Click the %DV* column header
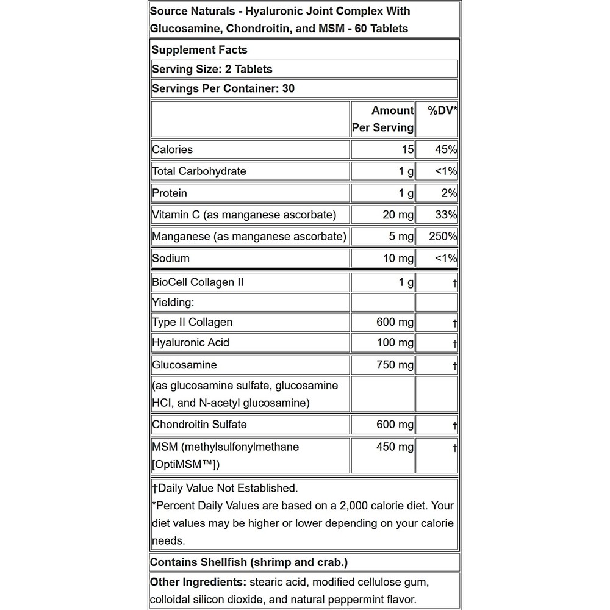click(442, 110)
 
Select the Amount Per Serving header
click(383, 119)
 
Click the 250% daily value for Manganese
click(443, 236)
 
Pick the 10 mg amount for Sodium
click(398, 258)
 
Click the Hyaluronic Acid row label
click(190, 343)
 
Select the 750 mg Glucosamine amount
click(395, 365)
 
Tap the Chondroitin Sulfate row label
click(199, 425)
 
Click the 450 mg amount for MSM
click(395, 447)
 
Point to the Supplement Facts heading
click(199, 50)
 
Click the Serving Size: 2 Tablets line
click(212, 69)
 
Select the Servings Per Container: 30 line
click(223, 88)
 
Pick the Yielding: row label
click(173, 303)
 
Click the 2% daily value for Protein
click(449, 193)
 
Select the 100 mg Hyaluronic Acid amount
click(395, 343)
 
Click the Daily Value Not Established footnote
click(224, 488)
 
